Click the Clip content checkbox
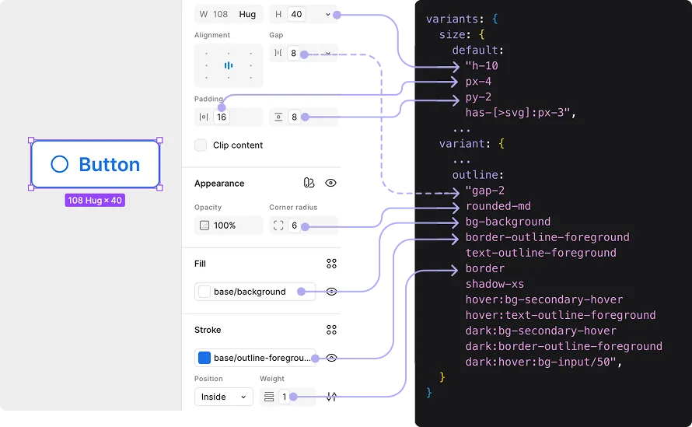click(x=201, y=145)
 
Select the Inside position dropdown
click(x=224, y=397)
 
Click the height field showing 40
click(x=296, y=15)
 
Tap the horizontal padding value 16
click(x=222, y=117)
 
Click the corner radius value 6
click(x=295, y=226)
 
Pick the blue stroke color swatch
click(x=204, y=358)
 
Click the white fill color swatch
click(x=204, y=292)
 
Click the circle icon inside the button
click(x=60, y=164)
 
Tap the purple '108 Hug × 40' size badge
click(x=95, y=201)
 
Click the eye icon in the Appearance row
click(x=330, y=183)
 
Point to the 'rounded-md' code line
click(x=498, y=206)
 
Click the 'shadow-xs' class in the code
click(x=495, y=284)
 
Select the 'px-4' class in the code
click(x=478, y=82)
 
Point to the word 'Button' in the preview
click(x=110, y=164)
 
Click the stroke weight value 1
click(x=285, y=397)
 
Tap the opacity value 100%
click(x=225, y=226)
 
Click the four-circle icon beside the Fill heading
click(x=331, y=264)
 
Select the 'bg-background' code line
click(x=508, y=222)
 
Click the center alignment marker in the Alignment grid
click(x=228, y=65)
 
